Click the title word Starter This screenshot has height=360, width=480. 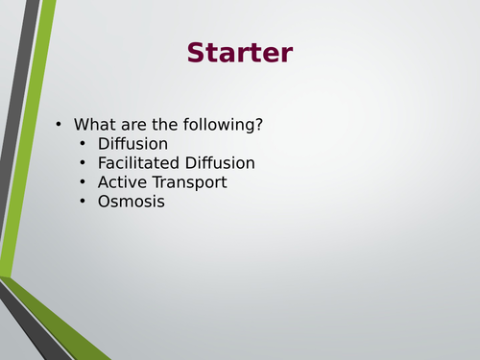[x=239, y=53]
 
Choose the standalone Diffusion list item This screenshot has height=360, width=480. [x=133, y=144]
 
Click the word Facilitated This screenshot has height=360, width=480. [x=141, y=163]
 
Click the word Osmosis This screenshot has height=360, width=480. [x=132, y=202]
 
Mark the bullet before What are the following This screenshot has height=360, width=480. [x=59, y=125]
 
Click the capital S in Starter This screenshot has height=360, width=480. [x=197, y=53]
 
